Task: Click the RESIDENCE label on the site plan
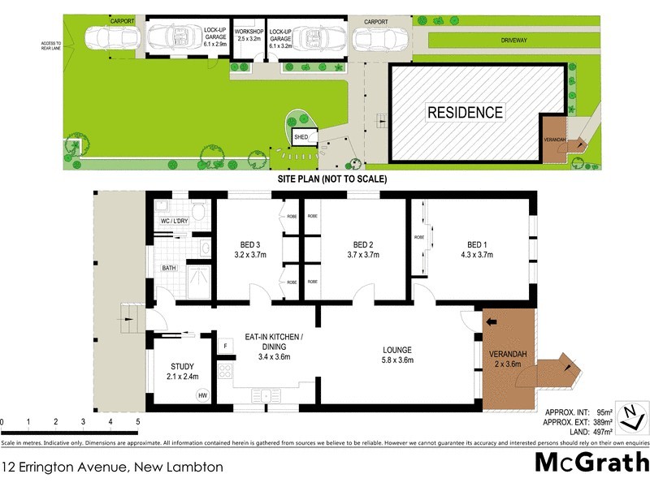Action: coord(466,112)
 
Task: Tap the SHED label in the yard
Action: coord(301,137)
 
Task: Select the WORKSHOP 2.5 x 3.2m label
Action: coord(249,34)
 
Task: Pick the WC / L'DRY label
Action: coord(173,222)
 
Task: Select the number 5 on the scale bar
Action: coord(138,423)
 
